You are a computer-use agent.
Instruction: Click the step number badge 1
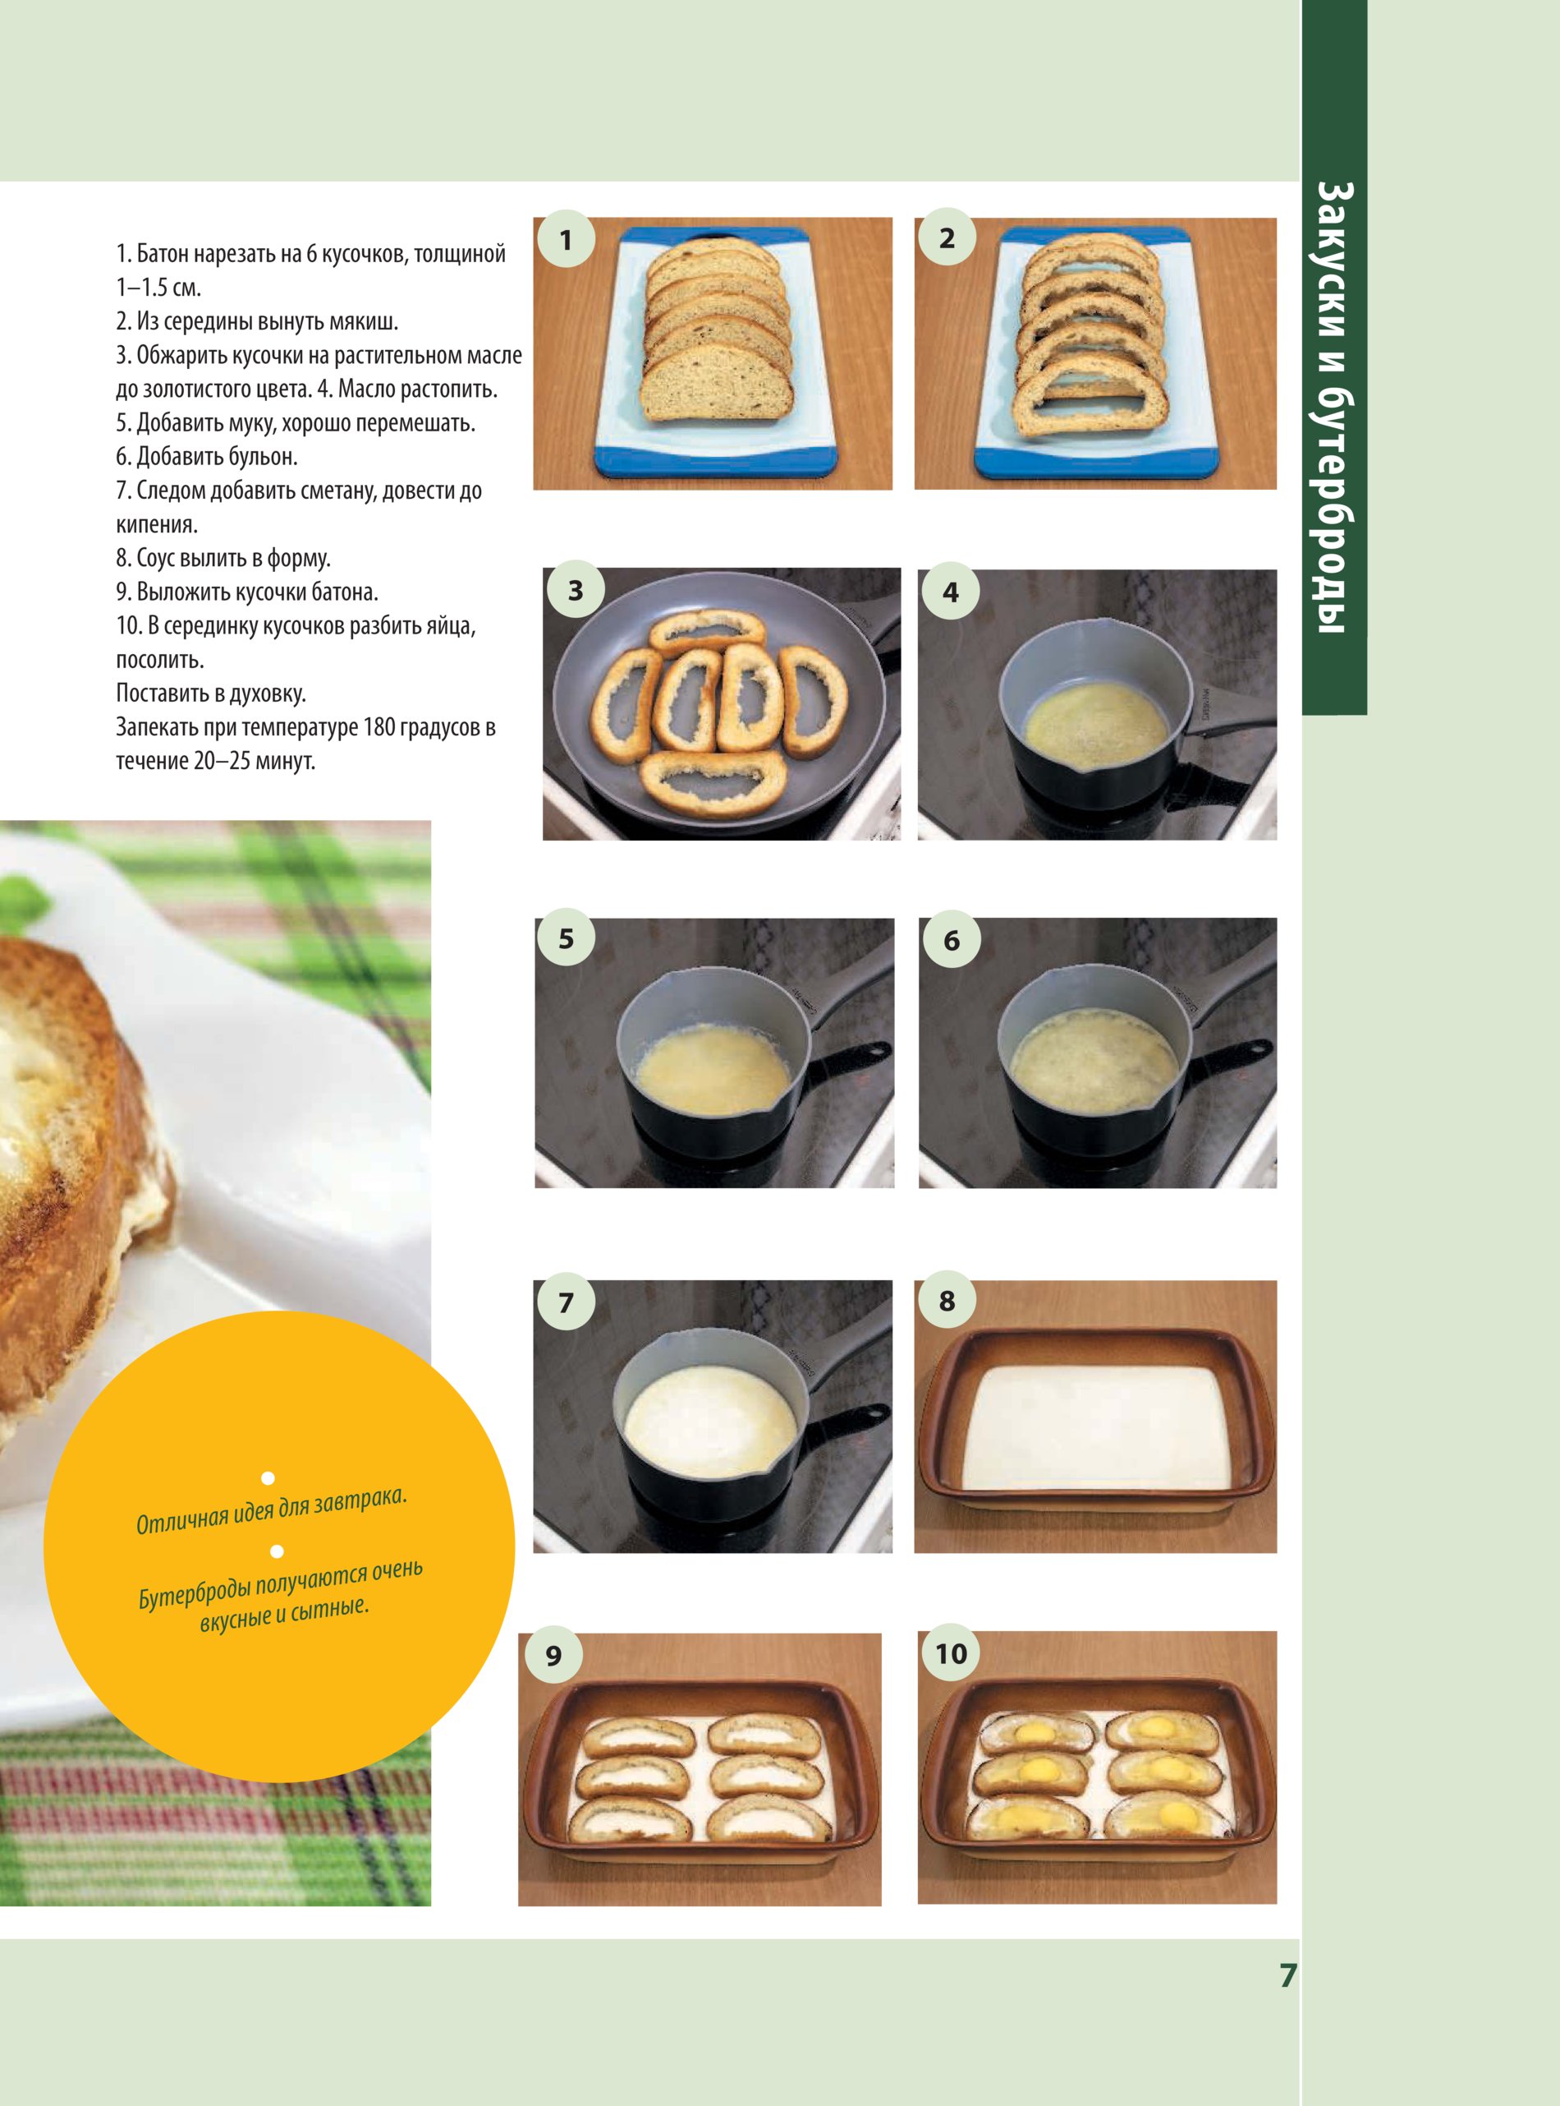[x=565, y=240]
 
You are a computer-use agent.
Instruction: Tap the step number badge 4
[x=950, y=592]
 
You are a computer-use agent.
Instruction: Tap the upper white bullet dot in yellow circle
[x=269, y=1476]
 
